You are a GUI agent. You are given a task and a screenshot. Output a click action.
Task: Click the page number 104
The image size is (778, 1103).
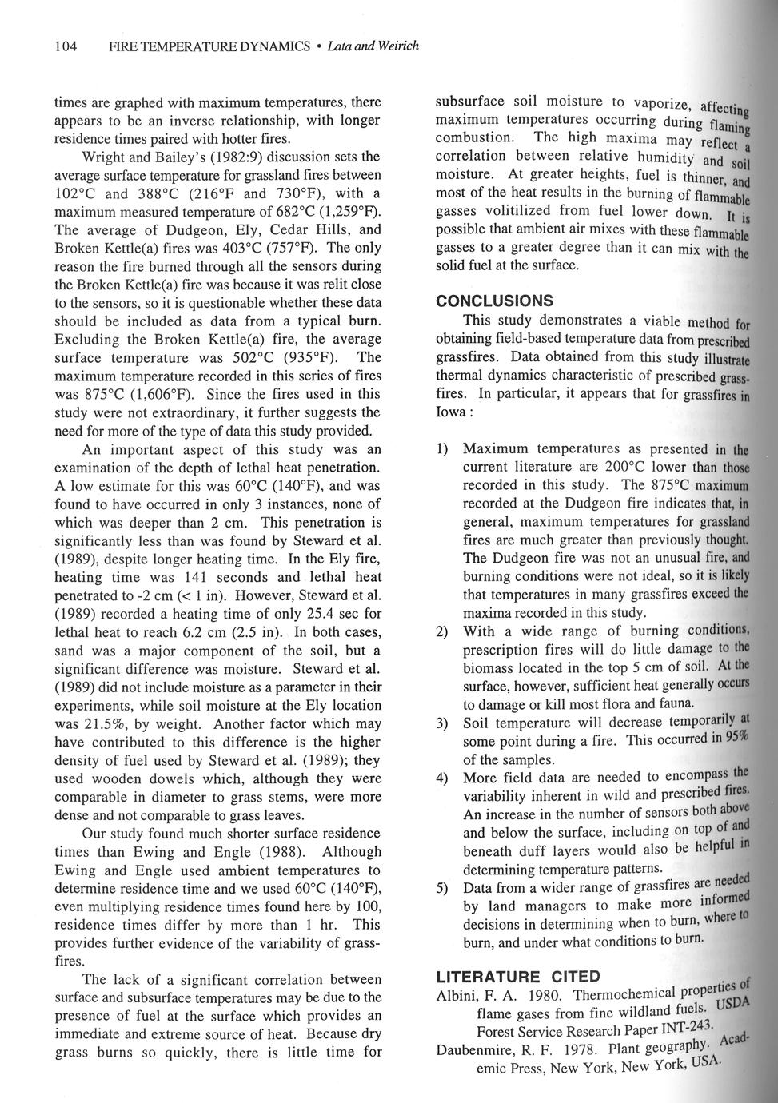(65, 46)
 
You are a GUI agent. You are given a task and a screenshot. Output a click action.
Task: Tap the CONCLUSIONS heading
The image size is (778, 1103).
(494, 301)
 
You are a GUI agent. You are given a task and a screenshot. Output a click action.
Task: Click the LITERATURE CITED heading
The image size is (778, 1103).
(517, 976)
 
